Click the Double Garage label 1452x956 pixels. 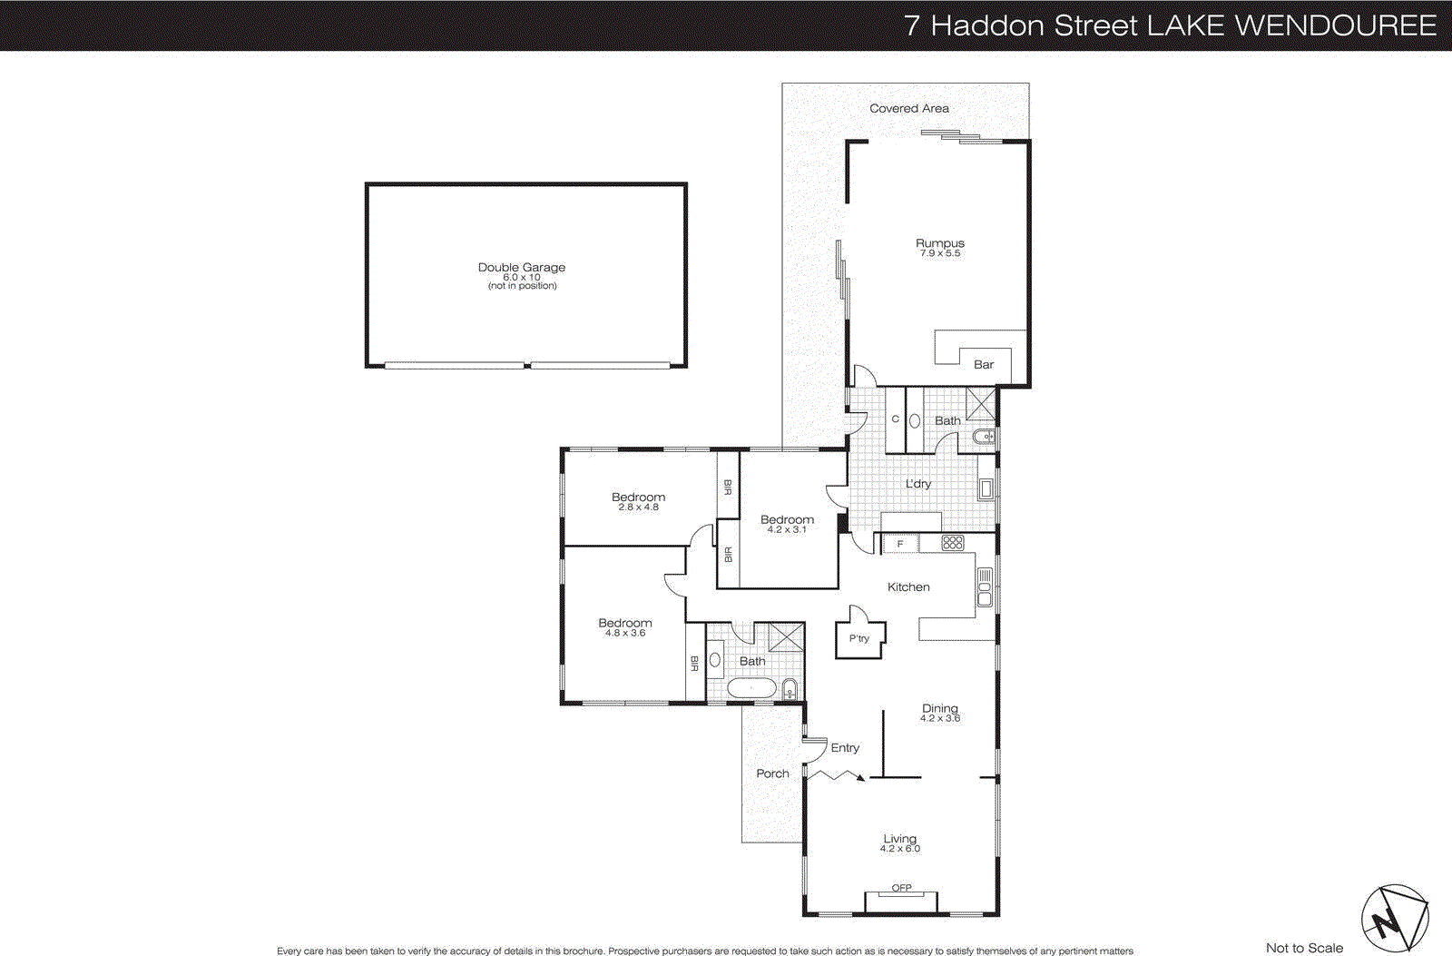[521, 268]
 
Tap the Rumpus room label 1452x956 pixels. [939, 243]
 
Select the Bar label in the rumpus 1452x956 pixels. [983, 364]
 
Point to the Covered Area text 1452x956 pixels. [908, 108]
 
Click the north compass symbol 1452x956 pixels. [1394, 919]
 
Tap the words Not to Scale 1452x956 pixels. [1304, 948]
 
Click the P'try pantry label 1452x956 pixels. [858, 638]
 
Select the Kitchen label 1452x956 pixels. [908, 587]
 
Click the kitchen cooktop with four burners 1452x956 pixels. [952, 543]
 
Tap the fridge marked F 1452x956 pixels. [900, 544]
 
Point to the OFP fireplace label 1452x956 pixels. [901, 888]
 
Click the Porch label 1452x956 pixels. [772, 774]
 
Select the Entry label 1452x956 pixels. [844, 748]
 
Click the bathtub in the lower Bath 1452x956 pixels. [751, 689]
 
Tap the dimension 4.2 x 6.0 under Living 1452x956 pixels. [899, 849]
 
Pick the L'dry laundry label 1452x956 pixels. [917, 484]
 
